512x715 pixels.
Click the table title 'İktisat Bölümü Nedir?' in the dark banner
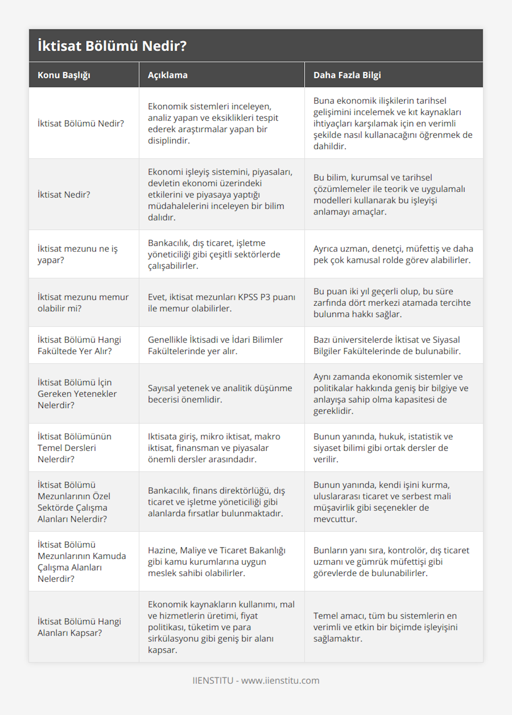pyautogui.click(x=112, y=46)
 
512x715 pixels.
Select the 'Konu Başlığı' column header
pyautogui.click(x=64, y=75)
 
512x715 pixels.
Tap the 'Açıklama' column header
pyautogui.click(x=168, y=75)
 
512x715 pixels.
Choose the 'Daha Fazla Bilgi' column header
pyautogui.click(x=347, y=75)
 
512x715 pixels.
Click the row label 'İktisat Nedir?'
pyautogui.click(x=64, y=195)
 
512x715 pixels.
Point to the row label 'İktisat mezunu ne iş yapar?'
pyautogui.click(x=78, y=254)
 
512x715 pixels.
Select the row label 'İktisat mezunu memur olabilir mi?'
pyautogui.click(x=83, y=303)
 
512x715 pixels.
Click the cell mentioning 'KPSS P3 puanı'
pyautogui.click(x=221, y=303)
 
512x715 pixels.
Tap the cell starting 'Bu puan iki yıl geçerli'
pyautogui.click(x=392, y=303)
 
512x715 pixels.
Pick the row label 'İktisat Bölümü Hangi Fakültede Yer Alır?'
pyautogui.click(x=79, y=345)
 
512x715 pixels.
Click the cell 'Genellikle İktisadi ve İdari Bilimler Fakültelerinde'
pyautogui.click(x=215, y=345)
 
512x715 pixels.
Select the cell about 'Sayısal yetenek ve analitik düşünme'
pyautogui.click(x=220, y=394)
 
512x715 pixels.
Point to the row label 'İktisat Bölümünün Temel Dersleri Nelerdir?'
pyautogui.click(x=75, y=448)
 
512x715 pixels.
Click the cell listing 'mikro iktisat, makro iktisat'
pyautogui.click(x=214, y=448)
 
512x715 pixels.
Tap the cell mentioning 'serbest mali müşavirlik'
pyautogui.click(x=382, y=502)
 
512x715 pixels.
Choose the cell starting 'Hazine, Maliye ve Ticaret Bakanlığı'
pyautogui.click(x=217, y=562)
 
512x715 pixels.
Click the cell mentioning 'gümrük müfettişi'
pyautogui.click(x=391, y=562)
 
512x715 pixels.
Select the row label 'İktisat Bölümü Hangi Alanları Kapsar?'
pyautogui.click(x=79, y=627)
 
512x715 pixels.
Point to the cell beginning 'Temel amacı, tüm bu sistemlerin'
pyautogui.click(x=385, y=627)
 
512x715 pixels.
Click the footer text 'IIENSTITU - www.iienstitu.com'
pyautogui.click(x=256, y=680)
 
